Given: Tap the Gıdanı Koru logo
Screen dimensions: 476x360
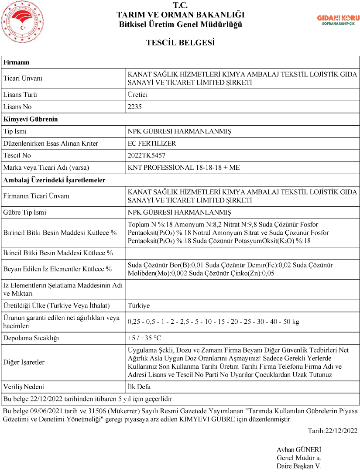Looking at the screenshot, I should point(338,20).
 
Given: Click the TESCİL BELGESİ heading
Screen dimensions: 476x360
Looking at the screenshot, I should point(180,43).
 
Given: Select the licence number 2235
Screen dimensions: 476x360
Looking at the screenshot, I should point(135,107).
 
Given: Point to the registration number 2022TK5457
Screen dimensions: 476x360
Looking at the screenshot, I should point(147,155).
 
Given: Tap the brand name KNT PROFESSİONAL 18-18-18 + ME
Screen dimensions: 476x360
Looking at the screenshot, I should point(184,168).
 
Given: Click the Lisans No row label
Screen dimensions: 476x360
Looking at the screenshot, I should point(17,107).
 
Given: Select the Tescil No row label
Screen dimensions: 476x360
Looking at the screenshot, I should point(18,155).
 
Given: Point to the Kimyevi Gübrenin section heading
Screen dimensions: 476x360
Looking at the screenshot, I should point(31,119).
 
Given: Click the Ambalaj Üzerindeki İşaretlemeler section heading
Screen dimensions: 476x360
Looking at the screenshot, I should point(54,180).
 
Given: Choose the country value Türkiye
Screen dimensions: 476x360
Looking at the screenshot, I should point(139,306).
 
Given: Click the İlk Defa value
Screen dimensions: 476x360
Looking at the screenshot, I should point(139,387).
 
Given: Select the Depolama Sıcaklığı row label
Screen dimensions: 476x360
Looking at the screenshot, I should point(31,338).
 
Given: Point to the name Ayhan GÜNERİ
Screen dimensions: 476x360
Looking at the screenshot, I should point(298,450).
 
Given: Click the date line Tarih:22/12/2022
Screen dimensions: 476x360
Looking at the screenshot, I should point(333,431).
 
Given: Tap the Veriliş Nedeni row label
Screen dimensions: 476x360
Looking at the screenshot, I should point(24,387).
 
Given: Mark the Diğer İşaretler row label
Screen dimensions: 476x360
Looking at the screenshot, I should point(24,362).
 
